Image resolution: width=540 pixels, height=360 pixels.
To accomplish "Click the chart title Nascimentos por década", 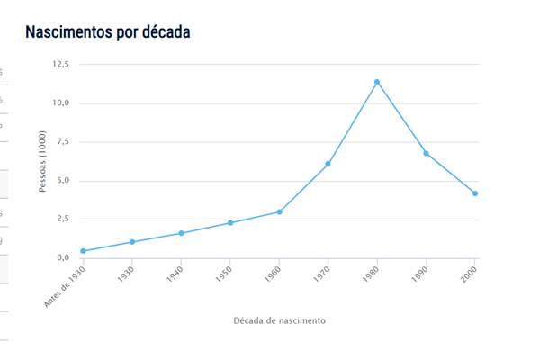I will pyautogui.click(x=107, y=32).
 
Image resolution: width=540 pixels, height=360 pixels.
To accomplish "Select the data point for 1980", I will pyautogui.click(x=377, y=82).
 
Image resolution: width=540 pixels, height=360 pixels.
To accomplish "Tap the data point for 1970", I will pyautogui.click(x=328, y=164).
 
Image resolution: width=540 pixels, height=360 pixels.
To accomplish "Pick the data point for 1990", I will pyautogui.click(x=426, y=153).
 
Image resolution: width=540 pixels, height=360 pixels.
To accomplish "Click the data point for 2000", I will pyautogui.click(x=475, y=193).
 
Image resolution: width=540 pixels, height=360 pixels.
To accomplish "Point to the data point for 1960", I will pyautogui.click(x=279, y=211).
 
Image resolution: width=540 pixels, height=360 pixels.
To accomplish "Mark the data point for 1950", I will pyautogui.click(x=230, y=222).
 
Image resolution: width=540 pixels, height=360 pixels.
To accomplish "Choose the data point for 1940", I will pyautogui.click(x=181, y=233).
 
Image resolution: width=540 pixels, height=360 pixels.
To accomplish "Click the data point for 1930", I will pyautogui.click(x=132, y=242).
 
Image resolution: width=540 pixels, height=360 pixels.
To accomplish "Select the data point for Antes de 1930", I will pyautogui.click(x=84, y=251).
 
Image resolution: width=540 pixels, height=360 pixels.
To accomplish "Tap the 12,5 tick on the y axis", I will pyautogui.click(x=61, y=65).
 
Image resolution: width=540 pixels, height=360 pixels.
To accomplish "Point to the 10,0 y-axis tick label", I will pyautogui.click(x=61, y=103).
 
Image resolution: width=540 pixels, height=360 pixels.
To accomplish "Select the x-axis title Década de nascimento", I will pyautogui.click(x=279, y=320).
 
